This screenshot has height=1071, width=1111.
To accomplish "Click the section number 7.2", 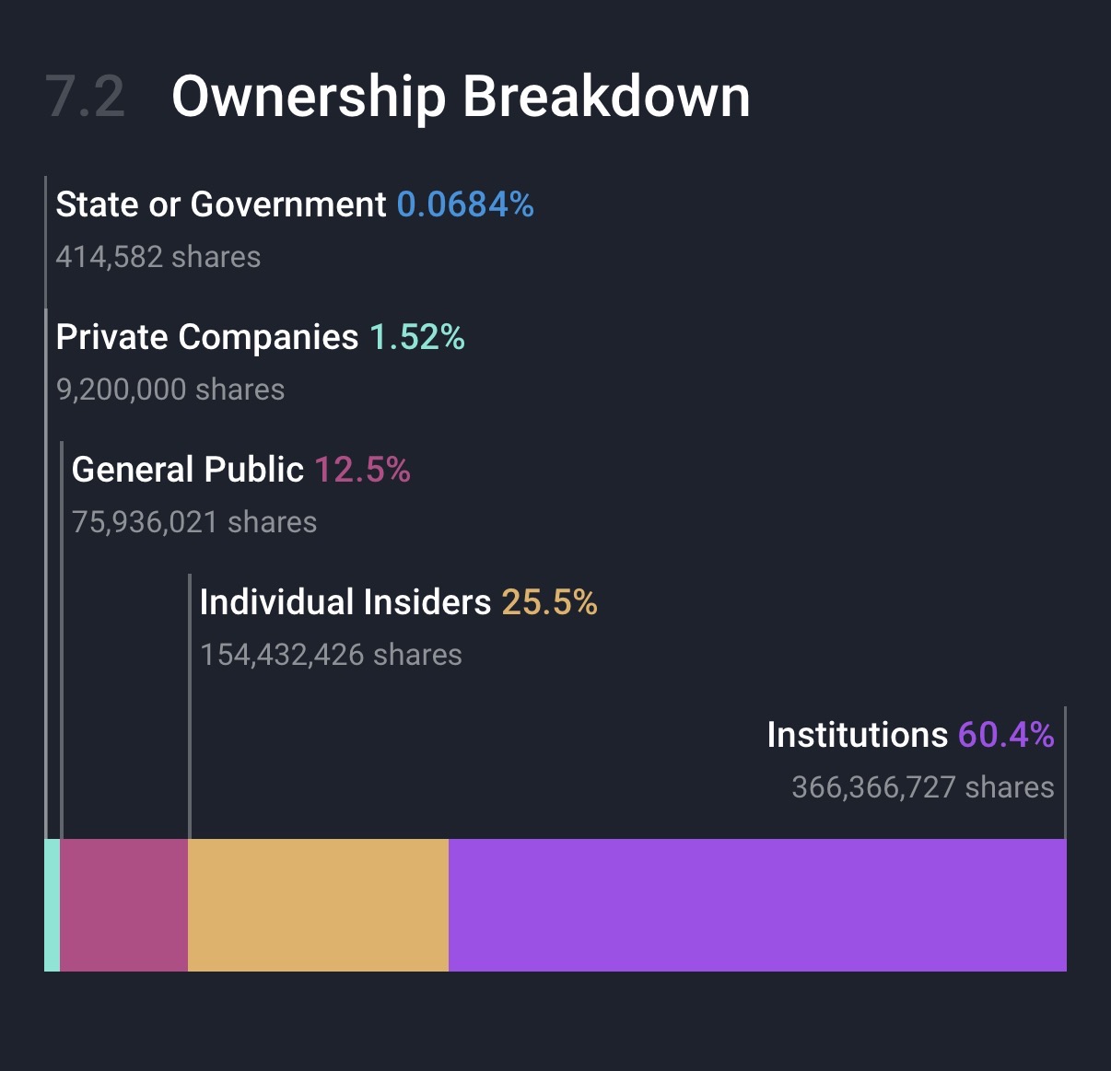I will (x=85, y=97).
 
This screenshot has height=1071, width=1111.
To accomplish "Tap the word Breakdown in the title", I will (x=606, y=97).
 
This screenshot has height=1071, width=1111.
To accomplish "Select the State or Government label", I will (x=221, y=204).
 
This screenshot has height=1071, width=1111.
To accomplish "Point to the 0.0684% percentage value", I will (x=465, y=204).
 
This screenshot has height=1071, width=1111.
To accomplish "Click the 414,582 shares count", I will (x=158, y=257).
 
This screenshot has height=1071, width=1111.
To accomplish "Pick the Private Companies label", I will (x=207, y=337).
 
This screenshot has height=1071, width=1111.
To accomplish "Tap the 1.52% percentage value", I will (x=417, y=337).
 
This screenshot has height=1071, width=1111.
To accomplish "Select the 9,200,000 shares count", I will (x=170, y=390).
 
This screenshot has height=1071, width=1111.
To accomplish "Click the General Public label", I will (x=188, y=470).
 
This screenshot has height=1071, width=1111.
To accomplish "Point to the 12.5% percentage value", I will (x=362, y=470).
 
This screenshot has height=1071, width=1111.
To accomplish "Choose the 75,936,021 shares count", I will (x=194, y=522).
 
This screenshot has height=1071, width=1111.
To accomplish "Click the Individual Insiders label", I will (x=345, y=602).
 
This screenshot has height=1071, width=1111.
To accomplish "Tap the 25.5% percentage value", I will (x=550, y=602).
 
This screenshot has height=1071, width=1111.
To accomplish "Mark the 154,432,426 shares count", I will (x=331, y=655).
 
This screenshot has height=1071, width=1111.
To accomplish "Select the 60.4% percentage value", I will (x=1006, y=735).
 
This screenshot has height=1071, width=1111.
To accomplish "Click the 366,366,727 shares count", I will (x=923, y=787).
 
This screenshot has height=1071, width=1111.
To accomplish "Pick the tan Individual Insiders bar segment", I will (x=318, y=904).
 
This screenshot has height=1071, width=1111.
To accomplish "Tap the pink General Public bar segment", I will (x=124, y=904).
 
